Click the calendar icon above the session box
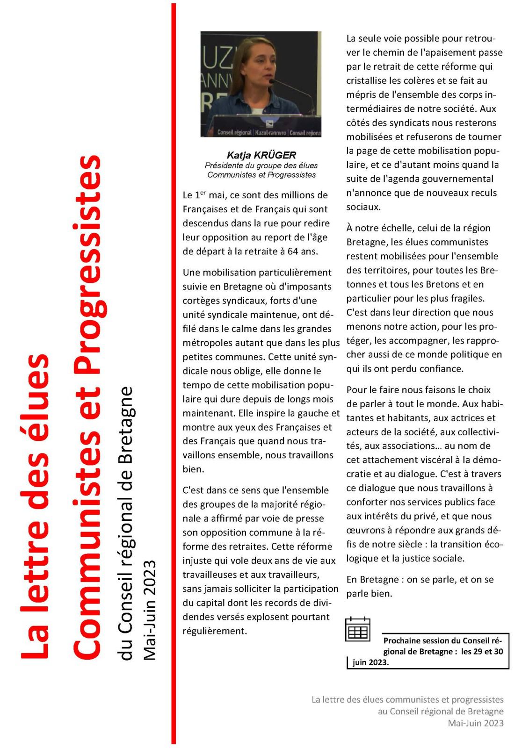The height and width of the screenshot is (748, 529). point(357,629)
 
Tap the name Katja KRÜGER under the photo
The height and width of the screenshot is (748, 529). point(261,155)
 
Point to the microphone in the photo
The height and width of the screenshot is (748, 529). point(272,81)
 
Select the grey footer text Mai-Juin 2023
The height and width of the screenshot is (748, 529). point(475,723)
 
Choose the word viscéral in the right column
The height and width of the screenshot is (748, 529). point(442,460)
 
